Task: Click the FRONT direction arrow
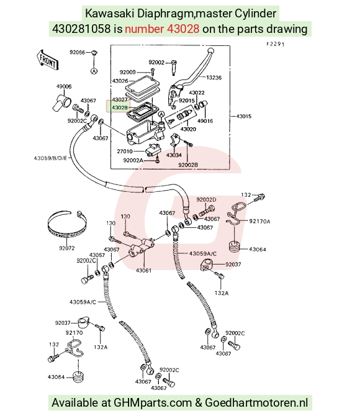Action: click(47, 60)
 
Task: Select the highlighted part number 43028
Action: click(120, 107)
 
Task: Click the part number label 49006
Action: click(64, 86)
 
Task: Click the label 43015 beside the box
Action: click(243, 116)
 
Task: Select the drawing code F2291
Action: click(276, 44)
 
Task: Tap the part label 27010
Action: click(124, 151)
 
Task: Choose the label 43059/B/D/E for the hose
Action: click(50, 158)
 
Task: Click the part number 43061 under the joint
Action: click(143, 270)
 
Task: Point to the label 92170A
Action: click(259, 221)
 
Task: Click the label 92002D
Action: click(206, 199)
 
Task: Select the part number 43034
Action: click(174, 155)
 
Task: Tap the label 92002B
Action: click(188, 165)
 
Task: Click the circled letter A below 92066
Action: click(94, 71)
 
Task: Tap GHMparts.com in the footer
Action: click(152, 403)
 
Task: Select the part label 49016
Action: click(205, 121)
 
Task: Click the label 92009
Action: click(127, 72)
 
